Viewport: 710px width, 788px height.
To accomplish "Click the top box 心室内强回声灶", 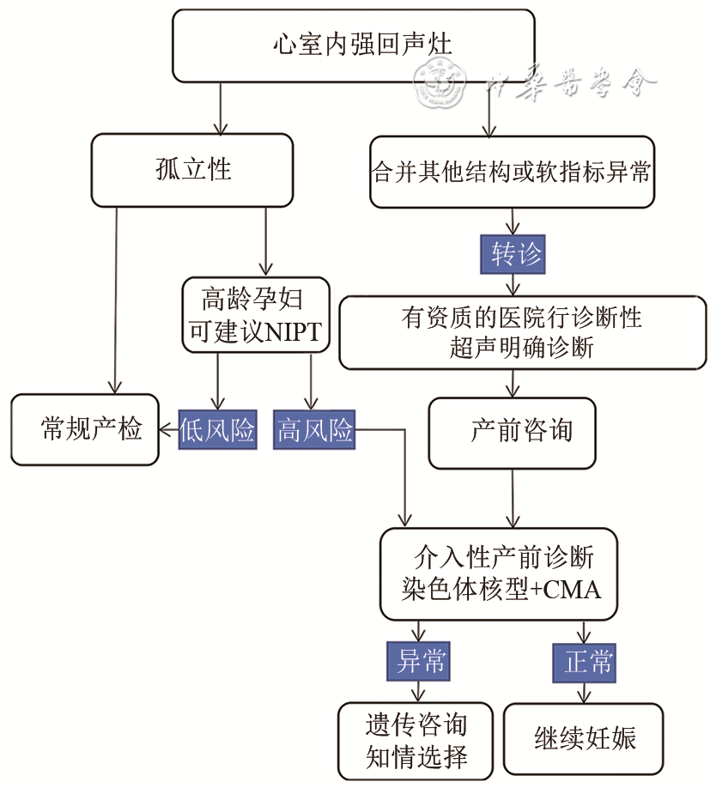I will [353, 43].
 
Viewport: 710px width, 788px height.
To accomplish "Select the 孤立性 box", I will [192, 169].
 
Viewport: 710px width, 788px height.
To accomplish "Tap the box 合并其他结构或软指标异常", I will [513, 171].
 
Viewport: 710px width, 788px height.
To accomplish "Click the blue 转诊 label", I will [513, 254].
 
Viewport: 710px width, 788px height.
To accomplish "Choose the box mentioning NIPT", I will [256, 314].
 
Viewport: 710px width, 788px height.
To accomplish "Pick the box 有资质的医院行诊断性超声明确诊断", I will [521, 332].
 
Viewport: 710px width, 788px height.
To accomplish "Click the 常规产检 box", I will [85, 429].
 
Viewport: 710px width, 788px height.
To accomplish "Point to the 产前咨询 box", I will [512, 433].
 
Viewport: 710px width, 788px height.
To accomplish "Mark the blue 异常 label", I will [418, 661].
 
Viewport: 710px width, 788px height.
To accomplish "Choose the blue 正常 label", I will [584, 661].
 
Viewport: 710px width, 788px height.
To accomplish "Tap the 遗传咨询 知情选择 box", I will [416, 741].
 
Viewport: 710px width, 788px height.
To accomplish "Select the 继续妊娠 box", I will [583, 738].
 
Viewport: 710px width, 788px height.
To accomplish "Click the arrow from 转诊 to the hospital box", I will [513, 284].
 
